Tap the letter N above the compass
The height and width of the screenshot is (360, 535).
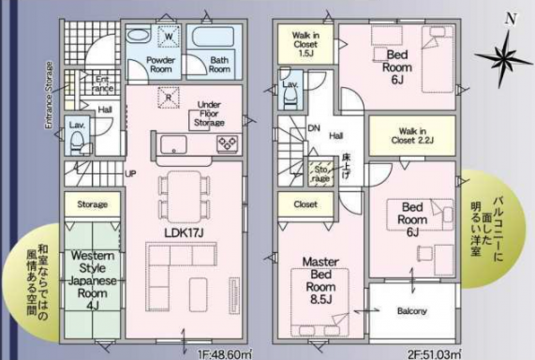(x=510, y=19)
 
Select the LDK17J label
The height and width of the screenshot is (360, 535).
(x=184, y=233)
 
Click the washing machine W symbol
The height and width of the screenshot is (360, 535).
(x=169, y=36)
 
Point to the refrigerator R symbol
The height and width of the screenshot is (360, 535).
(x=169, y=97)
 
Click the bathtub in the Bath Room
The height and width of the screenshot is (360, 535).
(x=213, y=36)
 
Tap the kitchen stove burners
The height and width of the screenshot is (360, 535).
(x=227, y=143)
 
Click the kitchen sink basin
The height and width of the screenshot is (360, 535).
(x=174, y=144)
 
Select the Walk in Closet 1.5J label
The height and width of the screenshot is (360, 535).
(x=305, y=44)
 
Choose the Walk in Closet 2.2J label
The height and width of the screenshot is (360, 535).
(x=412, y=136)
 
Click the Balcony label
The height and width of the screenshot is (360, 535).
(x=412, y=311)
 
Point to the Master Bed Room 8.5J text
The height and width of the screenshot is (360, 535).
(x=320, y=280)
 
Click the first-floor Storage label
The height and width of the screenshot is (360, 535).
(x=92, y=204)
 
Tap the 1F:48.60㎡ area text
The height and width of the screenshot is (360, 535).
(x=225, y=354)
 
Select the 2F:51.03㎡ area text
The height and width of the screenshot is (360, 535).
(x=434, y=354)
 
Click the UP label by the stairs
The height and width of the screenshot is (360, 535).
(x=131, y=174)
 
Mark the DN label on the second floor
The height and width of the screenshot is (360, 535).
(x=314, y=128)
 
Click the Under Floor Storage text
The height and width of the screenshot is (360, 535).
(x=209, y=113)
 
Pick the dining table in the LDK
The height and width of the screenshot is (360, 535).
(x=184, y=197)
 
